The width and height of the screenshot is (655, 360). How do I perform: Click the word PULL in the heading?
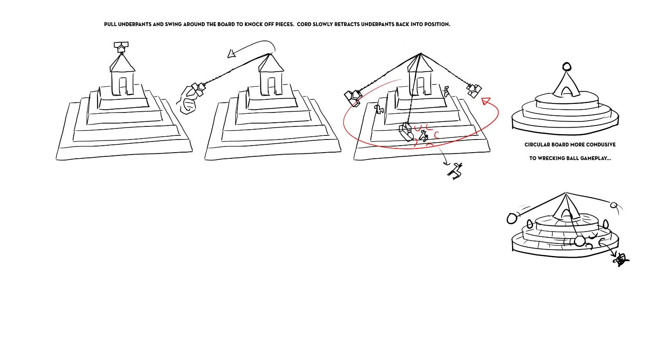[110, 24]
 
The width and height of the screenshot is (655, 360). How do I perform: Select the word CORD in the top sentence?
[304, 24]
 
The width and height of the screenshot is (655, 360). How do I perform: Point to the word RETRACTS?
[347, 24]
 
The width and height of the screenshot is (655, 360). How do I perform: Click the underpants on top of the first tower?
[121, 47]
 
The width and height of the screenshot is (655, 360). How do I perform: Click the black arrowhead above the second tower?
[232, 54]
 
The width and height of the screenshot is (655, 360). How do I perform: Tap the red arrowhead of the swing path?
[486, 101]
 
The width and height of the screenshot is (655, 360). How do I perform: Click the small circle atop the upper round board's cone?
[567, 67]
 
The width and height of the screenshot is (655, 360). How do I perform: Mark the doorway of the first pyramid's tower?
[122, 86]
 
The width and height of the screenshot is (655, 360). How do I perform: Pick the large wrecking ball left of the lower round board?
[512, 218]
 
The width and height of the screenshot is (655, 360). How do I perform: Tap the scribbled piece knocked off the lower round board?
[621, 260]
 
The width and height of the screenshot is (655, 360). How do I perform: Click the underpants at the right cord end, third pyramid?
[474, 90]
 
